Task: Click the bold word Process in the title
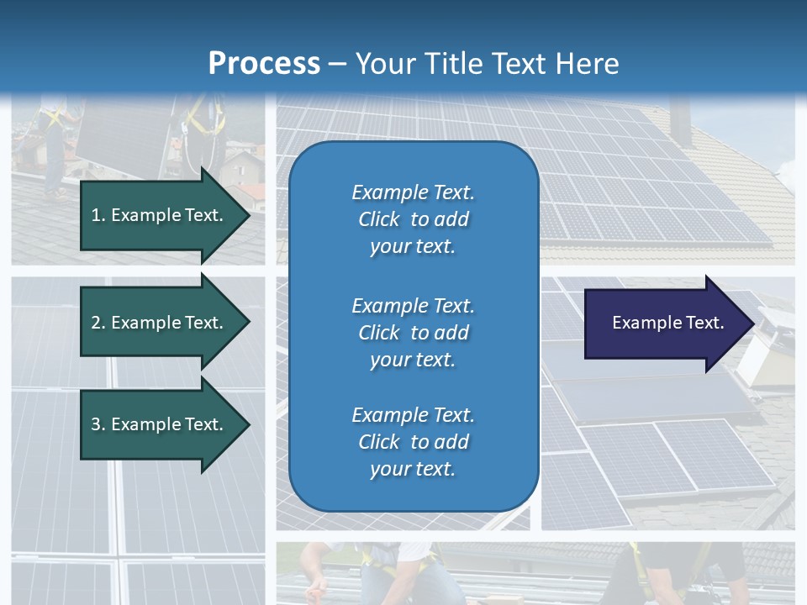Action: point(264,64)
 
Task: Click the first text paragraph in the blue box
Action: point(413,219)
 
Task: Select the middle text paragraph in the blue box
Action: point(413,332)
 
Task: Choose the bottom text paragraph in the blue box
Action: point(413,442)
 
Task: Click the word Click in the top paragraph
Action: point(379,219)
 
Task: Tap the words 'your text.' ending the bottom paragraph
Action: point(413,469)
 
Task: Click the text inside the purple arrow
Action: point(667,323)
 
